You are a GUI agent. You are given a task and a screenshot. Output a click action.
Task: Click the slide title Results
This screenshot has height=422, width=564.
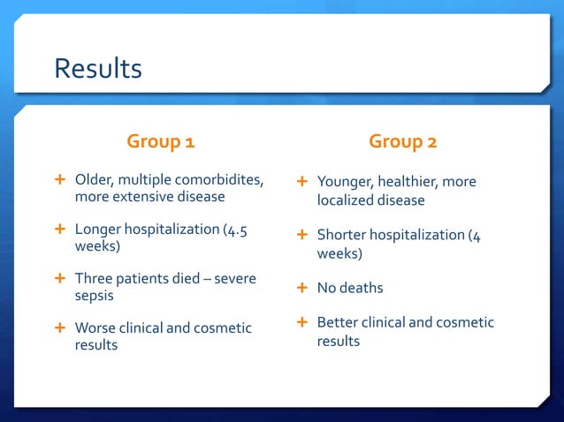(x=97, y=68)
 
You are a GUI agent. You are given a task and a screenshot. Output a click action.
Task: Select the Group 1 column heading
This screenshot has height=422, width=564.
(x=161, y=141)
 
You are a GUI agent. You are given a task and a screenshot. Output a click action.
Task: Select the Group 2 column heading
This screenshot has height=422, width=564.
(x=403, y=141)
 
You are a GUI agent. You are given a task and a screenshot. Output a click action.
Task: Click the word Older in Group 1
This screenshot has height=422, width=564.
(x=93, y=180)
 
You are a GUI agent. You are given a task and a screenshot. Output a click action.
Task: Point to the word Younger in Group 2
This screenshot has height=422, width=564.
(x=344, y=182)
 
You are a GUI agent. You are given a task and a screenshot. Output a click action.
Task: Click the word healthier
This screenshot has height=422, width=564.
(x=408, y=182)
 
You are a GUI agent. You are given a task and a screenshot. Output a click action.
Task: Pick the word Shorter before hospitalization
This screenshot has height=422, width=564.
(x=343, y=235)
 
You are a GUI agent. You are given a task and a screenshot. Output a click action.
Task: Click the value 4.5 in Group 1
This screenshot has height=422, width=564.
(x=236, y=229)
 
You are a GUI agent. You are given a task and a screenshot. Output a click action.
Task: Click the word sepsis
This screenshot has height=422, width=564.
(x=94, y=296)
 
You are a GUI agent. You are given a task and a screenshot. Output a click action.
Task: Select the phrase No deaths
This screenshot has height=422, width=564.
(x=350, y=288)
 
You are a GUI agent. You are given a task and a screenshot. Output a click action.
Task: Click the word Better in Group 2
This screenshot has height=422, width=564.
(x=338, y=322)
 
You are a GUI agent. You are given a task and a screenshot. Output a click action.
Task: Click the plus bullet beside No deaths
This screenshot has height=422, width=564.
(x=301, y=287)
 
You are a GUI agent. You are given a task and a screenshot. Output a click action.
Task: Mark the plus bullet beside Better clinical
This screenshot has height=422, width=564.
(x=301, y=321)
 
